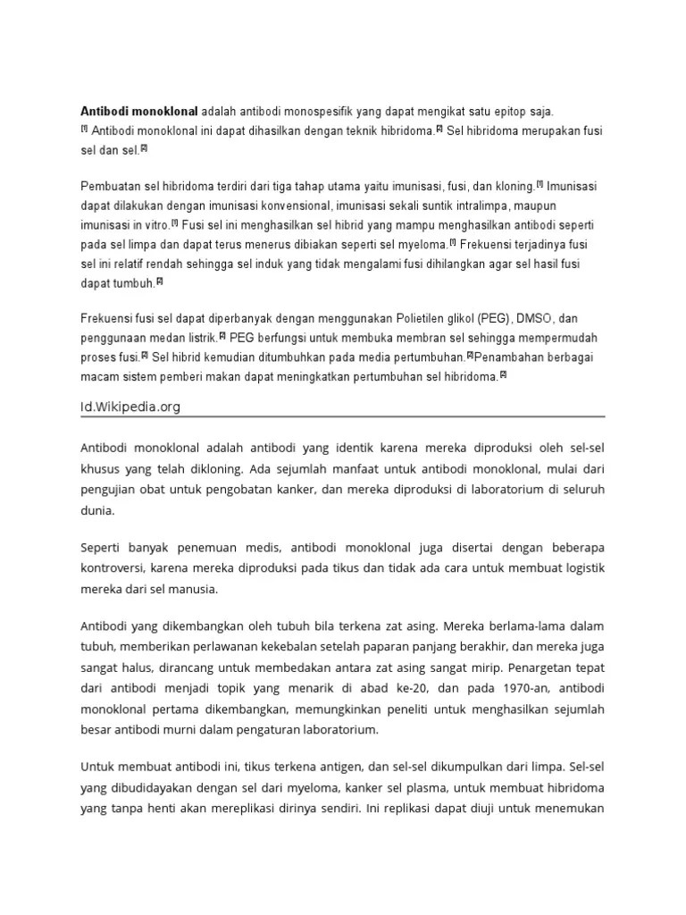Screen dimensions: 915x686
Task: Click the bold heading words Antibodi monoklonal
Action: click(x=139, y=112)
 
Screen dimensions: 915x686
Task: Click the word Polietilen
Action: click(x=409, y=319)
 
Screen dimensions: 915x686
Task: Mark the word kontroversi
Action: click(x=113, y=567)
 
